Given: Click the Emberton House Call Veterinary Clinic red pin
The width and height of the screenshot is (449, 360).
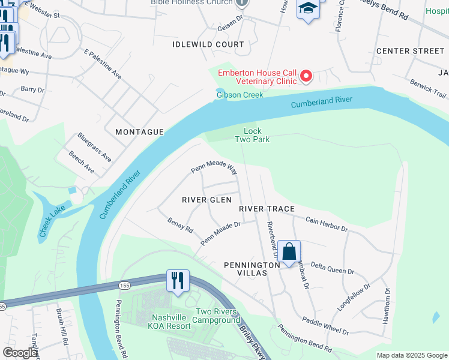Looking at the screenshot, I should (x=306, y=76).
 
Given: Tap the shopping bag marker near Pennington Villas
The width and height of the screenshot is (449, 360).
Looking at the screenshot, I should (x=289, y=251).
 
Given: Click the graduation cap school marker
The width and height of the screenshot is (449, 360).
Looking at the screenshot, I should (x=308, y=9).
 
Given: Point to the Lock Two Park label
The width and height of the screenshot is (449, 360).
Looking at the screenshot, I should (x=256, y=135).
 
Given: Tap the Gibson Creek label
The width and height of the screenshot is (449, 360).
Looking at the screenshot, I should (x=240, y=95).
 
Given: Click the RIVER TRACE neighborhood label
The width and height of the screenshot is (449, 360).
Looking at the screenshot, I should (x=267, y=209).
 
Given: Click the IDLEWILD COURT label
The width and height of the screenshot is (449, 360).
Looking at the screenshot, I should (x=208, y=44).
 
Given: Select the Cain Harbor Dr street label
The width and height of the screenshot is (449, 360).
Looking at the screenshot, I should (x=327, y=224).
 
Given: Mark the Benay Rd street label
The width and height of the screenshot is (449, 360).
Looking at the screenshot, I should (x=180, y=226).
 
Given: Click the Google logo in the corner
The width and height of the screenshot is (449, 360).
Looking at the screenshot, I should (x=20, y=353).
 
